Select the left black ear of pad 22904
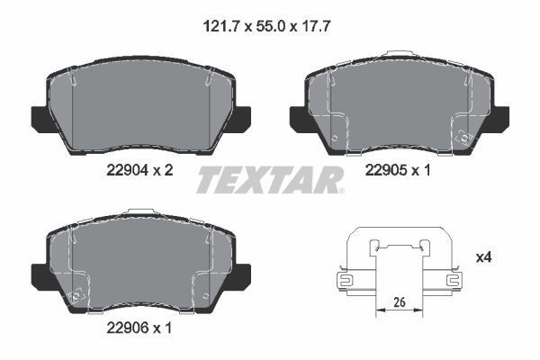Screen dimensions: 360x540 pos(41,118)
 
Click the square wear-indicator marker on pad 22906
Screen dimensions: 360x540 pos(79,292)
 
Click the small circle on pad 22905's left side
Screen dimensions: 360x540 pos(335,138)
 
